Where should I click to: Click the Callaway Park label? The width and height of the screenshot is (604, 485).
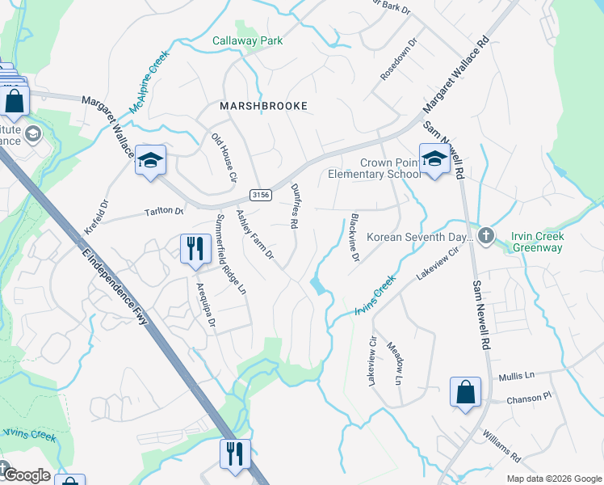point(247,40)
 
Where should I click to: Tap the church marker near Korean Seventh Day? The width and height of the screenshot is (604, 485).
point(485,235)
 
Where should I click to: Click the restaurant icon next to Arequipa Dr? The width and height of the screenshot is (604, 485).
point(194,249)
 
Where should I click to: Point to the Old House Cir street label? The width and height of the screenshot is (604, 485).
point(224,157)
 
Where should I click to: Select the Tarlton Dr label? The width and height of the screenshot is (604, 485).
point(164,212)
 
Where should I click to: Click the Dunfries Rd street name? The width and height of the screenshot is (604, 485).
point(295,206)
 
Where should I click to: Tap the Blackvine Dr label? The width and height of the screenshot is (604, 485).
point(354,238)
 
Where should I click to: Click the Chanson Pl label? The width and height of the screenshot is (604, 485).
point(528,398)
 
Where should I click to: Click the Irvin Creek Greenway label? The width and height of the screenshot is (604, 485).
point(538,242)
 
